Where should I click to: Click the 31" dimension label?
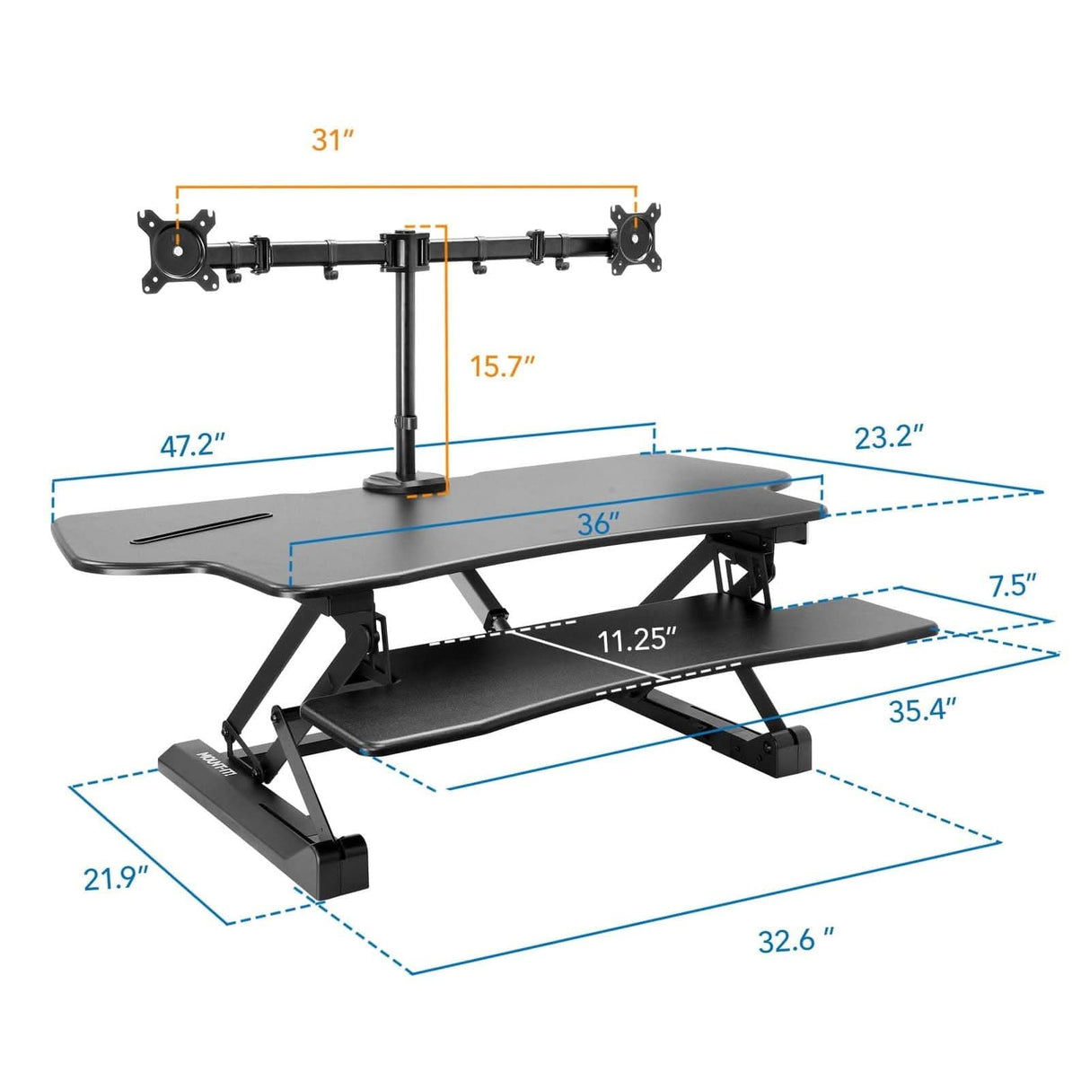[333, 140]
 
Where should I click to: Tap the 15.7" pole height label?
[504, 366]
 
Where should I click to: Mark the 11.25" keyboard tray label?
[637, 640]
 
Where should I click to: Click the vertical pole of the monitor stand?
[402, 359]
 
